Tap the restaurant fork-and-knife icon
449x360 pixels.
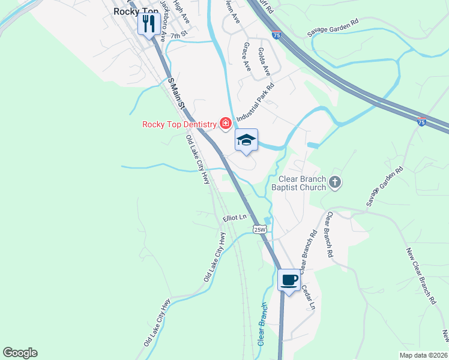(x=148, y=24)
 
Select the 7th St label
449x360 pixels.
(x=179, y=36)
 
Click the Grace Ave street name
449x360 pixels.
(x=246, y=55)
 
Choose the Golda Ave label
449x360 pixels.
(x=264, y=62)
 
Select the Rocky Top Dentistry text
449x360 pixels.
(x=179, y=124)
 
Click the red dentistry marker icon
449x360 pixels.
(x=226, y=124)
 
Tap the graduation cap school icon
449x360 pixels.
(x=246, y=140)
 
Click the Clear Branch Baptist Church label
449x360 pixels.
(x=303, y=183)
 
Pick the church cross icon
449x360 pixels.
(x=335, y=181)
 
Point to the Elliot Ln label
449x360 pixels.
(x=235, y=218)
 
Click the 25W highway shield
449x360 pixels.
(x=259, y=229)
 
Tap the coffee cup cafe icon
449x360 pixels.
(x=289, y=280)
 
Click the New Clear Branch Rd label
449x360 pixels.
(x=420, y=276)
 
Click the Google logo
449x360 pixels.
(x=20, y=353)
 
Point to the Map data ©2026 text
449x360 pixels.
(x=423, y=355)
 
